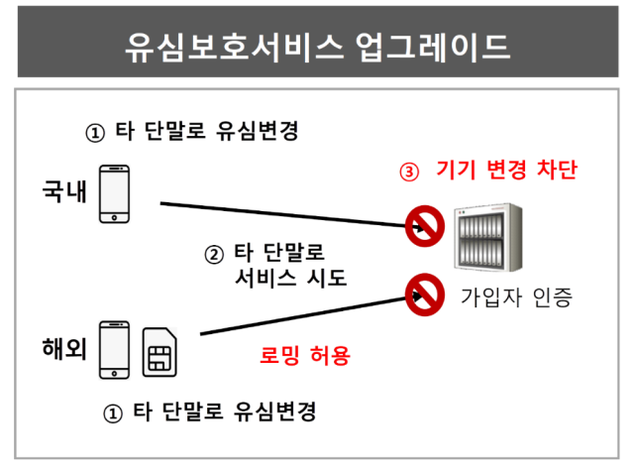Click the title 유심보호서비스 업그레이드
click(317, 47)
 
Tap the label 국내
click(64, 190)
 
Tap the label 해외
click(64, 348)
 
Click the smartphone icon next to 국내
click(115, 194)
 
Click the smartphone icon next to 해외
click(115, 350)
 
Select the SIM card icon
click(159, 352)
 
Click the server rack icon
click(488, 237)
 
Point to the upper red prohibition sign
click(425, 226)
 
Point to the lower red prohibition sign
click(425, 295)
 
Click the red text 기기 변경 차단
click(507, 170)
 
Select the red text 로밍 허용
click(305, 356)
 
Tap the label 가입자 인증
click(517, 297)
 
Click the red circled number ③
click(409, 172)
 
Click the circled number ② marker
click(214, 255)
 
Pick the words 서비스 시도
click(290, 278)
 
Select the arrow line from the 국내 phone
click(292, 216)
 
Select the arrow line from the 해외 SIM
click(311, 315)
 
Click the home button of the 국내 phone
click(115, 218)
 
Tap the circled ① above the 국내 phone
click(95, 133)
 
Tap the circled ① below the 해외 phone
click(113, 413)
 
